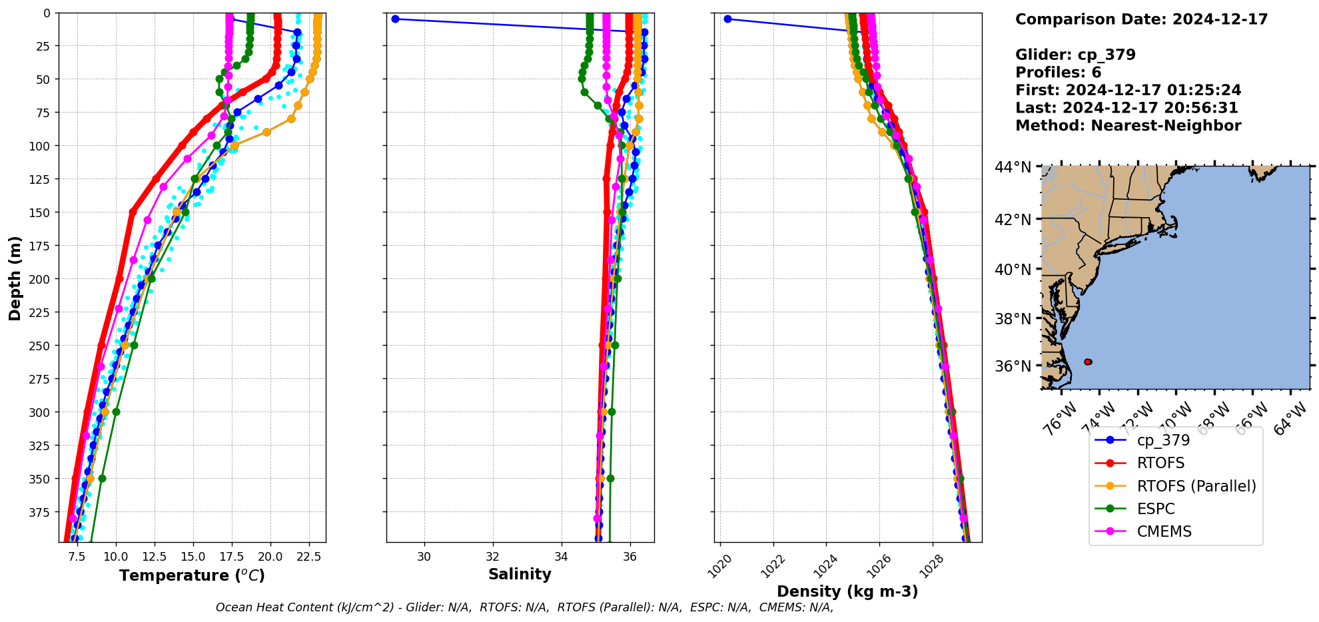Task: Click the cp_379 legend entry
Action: point(1162,440)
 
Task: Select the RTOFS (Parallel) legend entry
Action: point(1196,486)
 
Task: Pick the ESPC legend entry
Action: point(1155,509)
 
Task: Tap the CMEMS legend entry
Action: point(1164,531)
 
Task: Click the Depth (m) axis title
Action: point(15,278)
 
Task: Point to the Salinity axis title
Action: point(520,574)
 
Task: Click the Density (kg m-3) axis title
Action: point(847,591)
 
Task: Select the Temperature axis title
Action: point(192,575)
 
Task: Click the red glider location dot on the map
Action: point(1088,362)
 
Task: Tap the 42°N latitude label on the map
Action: point(1013,220)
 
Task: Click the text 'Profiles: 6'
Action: point(1058,73)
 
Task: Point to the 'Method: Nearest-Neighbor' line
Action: point(1128,126)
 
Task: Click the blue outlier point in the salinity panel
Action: point(395,19)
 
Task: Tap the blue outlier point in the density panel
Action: point(727,19)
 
